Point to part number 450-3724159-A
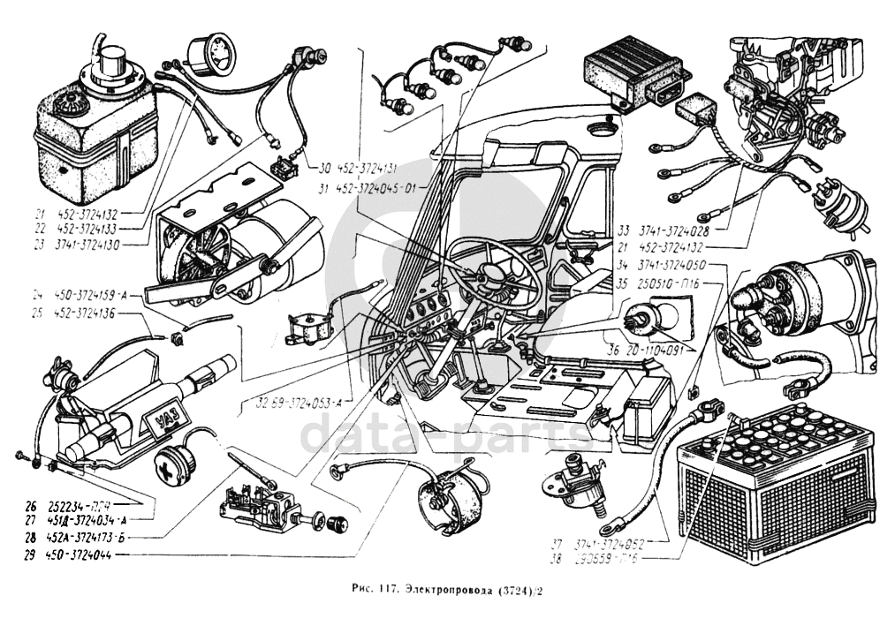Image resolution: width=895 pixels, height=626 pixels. click(x=94, y=295)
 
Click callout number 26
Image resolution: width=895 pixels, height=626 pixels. click(x=31, y=508)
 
